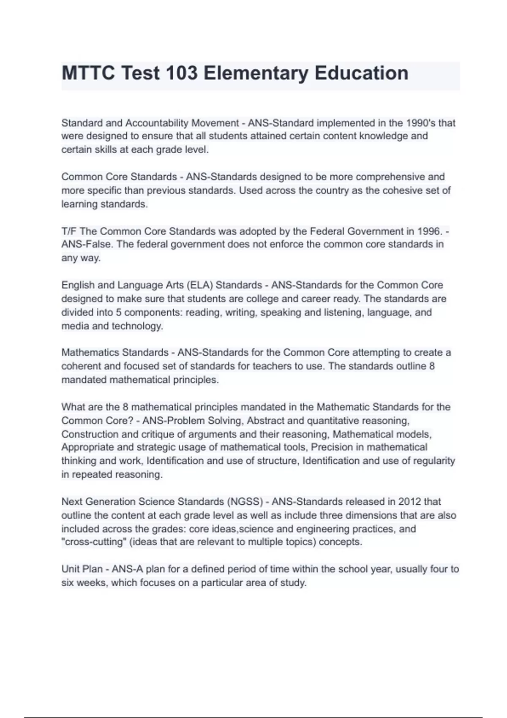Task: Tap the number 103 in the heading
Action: pos(181,73)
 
